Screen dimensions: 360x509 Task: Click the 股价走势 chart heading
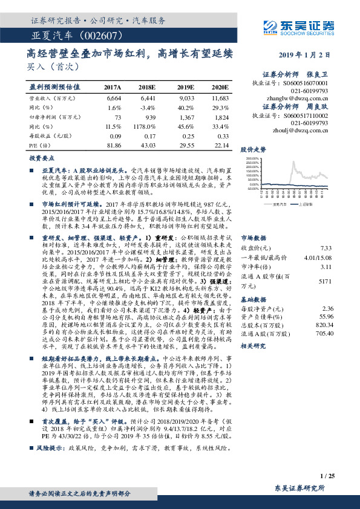254,148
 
